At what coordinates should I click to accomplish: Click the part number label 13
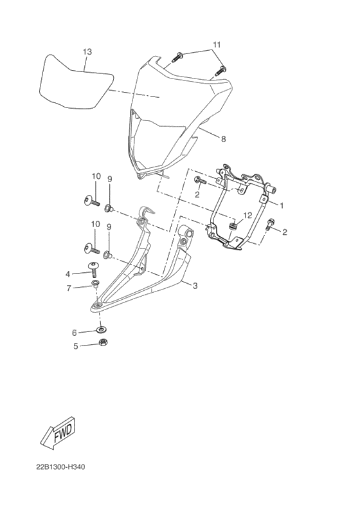pos(87,51)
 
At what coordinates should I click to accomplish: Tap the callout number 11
pos(217,44)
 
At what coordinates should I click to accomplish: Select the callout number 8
pos(223,138)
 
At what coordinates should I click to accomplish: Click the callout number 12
pos(247,216)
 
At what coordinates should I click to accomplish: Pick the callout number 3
pos(195,286)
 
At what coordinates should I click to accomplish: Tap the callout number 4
pos(76,273)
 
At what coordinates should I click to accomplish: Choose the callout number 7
pos(76,288)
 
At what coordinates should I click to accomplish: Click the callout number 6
pos(75,333)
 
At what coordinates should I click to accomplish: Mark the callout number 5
pos(75,346)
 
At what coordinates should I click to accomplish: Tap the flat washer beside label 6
pos(102,331)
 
